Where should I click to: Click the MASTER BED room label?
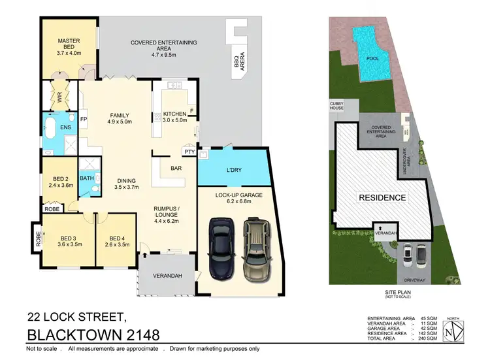click(68, 41)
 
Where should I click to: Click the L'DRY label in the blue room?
click(234, 169)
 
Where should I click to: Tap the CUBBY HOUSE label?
click(338, 106)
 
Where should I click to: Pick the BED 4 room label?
click(118, 238)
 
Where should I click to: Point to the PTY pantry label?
click(189, 152)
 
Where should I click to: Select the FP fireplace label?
click(84, 120)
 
